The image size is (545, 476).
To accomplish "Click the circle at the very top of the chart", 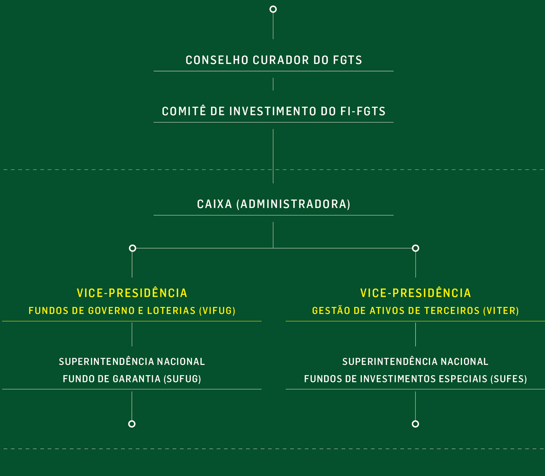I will [x=273, y=9].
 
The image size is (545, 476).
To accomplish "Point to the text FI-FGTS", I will [x=363, y=112].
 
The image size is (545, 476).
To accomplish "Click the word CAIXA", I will [x=215, y=204].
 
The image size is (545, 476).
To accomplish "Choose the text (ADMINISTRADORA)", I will [x=293, y=204].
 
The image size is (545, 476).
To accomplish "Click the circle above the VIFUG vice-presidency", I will [x=132, y=248].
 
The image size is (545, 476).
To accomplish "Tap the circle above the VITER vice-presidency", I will [x=416, y=248].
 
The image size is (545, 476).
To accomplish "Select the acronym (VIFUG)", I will [x=217, y=311].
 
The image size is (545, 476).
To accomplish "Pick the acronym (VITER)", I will [x=501, y=311].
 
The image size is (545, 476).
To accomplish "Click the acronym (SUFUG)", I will [x=182, y=379].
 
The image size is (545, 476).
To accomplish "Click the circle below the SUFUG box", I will [x=132, y=424].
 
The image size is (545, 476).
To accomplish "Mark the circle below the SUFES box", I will [x=416, y=424].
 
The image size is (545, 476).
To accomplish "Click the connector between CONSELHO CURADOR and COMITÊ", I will [x=273, y=84].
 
